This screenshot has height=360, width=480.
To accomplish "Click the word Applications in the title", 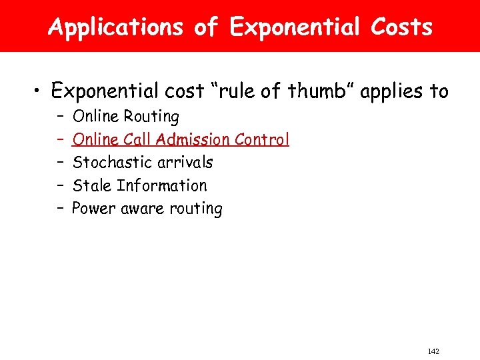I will pyautogui.click(x=116, y=27).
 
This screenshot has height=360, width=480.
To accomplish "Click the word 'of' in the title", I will pyautogui.click(x=205, y=27).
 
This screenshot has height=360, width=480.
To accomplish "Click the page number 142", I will pyautogui.click(x=434, y=351).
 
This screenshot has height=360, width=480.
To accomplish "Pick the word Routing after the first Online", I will pyautogui.click(x=152, y=117).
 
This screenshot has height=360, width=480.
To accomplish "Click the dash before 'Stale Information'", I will pyautogui.click(x=59, y=185).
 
